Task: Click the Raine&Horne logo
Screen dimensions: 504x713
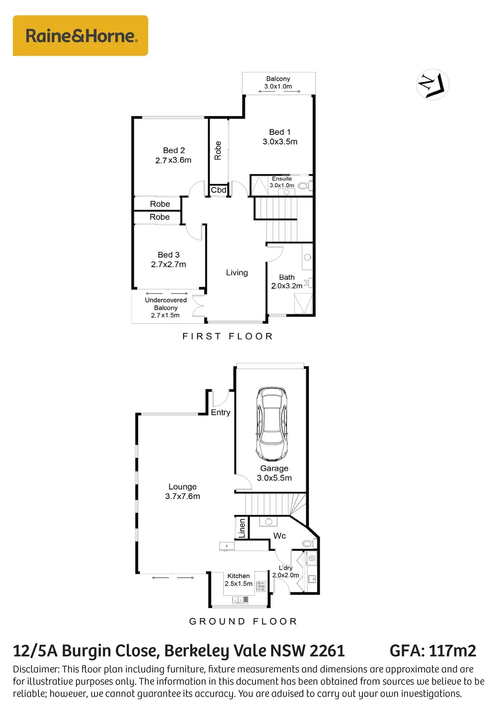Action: coord(81,36)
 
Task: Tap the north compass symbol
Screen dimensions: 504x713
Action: coord(432,85)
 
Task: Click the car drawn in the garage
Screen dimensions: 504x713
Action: coord(271,424)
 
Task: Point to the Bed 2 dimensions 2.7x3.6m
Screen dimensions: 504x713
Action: coord(173,160)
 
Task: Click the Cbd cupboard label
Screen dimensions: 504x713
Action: coord(218,190)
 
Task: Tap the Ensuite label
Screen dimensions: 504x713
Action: coord(282,179)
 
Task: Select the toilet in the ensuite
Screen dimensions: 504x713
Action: coord(304,186)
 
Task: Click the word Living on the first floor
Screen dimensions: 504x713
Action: coord(237,273)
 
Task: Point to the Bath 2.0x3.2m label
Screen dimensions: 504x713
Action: coord(287,281)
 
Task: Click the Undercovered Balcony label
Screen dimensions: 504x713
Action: coord(166,304)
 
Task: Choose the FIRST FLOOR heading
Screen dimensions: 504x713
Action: coord(228,336)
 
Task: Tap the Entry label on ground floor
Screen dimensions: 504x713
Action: coord(221,413)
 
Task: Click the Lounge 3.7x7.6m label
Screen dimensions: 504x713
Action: coord(183,491)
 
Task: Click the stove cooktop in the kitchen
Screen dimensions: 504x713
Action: coord(261,586)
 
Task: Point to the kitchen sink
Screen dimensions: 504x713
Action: coord(240,599)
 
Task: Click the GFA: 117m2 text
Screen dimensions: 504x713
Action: coord(433,651)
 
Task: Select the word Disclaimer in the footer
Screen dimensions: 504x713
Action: coord(36,669)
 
